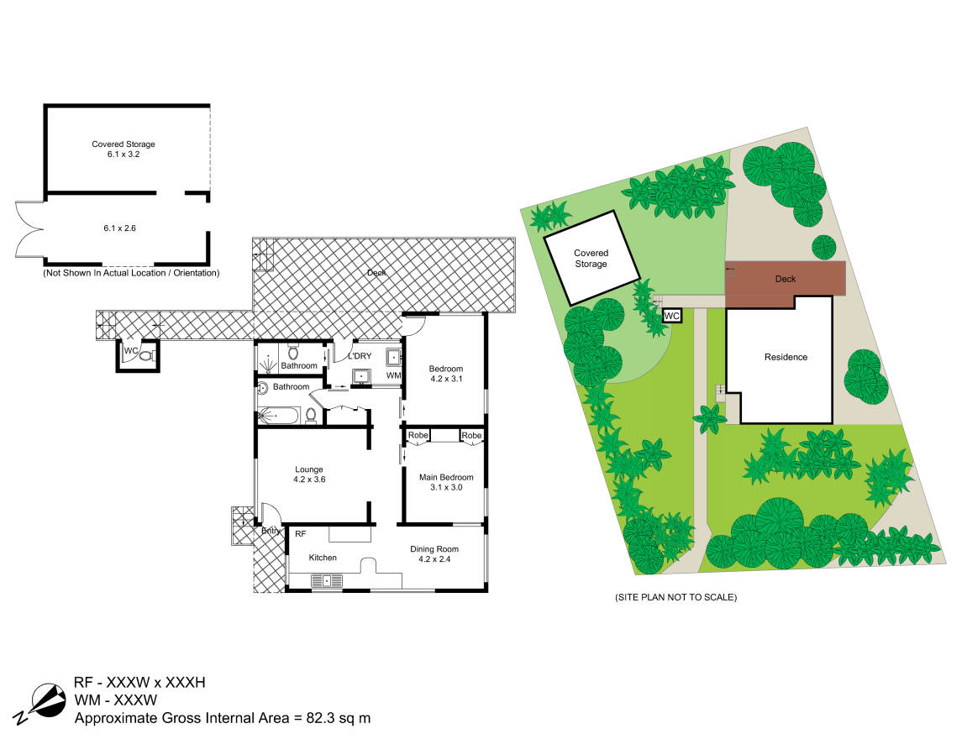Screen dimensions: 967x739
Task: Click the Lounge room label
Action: (x=309, y=469)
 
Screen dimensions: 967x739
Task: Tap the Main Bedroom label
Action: (x=446, y=477)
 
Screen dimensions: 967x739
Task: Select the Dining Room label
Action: (x=435, y=549)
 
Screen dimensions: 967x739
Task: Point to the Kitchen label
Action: (x=323, y=558)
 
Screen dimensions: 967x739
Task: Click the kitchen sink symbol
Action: (x=327, y=580)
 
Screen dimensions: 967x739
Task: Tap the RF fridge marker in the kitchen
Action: (x=300, y=534)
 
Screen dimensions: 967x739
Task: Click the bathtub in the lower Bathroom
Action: (x=278, y=416)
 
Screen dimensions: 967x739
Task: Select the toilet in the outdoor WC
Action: (x=147, y=355)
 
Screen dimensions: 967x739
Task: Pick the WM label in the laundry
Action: (x=393, y=375)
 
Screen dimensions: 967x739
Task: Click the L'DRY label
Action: (x=360, y=355)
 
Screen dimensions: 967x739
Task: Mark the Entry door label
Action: (x=271, y=531)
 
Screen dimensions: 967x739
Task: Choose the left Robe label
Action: (x=418, y=435)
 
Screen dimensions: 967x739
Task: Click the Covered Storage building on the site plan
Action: (x=591, y=259)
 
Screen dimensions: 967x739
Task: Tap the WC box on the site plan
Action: (x=671, y=317)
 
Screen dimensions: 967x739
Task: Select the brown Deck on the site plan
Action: (x=785, y=285)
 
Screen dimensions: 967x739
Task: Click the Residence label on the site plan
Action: (x=786, y=357)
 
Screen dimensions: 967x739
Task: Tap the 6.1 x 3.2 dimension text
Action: (x=124, y=154)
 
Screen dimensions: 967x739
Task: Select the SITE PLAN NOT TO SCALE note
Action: (x=676, y=597)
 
